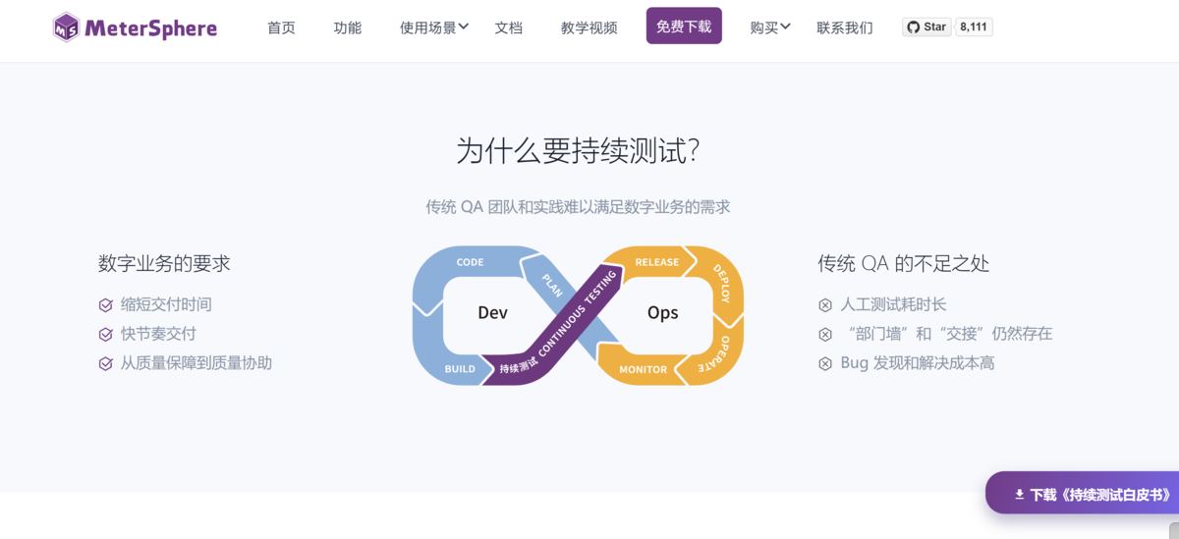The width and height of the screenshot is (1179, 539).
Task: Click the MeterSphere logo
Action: tap(135, 27)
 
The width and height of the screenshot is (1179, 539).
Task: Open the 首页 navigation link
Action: tap(281, 27)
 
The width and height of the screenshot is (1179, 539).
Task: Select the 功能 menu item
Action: tap(347, 27)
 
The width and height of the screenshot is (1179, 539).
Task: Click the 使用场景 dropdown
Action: tap(433, 27)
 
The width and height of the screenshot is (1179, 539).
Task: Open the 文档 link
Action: tap(508, 27)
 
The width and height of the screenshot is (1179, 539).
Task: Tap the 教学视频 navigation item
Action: tap(589, 27)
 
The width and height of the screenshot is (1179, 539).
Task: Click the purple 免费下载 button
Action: tap(684, 27)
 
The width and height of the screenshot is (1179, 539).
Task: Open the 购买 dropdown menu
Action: tap(769, 27)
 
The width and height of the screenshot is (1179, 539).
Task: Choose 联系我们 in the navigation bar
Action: tap(844, 27)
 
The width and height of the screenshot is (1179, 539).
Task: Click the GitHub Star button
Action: tap(926, 27)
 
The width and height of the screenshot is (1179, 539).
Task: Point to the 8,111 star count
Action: tap(974, 27)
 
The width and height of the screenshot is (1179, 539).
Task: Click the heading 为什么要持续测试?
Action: tap(578, 151)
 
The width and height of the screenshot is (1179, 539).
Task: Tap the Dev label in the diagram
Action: tap(492, 313)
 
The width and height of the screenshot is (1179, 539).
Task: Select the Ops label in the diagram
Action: tap(662, 313)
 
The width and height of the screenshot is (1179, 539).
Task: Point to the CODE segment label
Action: tap(470, 262)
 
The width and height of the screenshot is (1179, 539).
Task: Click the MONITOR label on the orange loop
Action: tap(644, 369)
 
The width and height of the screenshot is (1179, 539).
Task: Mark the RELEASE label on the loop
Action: tap(657, 262)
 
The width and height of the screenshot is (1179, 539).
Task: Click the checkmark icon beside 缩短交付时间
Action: tap(106, 305)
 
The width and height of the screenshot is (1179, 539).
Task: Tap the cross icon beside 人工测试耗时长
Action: tap(825, 305)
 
